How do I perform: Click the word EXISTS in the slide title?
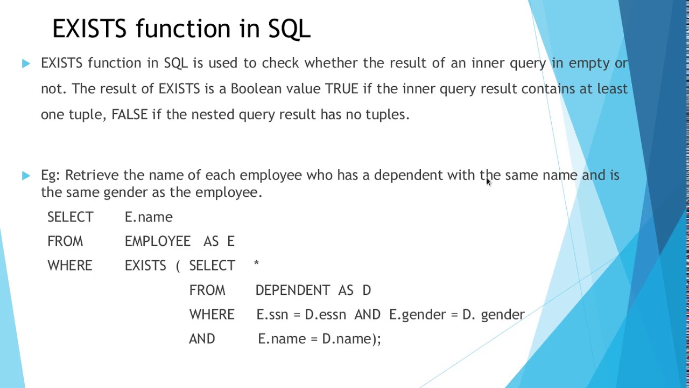click(89, 29)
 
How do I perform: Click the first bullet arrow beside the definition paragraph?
click(26, 64)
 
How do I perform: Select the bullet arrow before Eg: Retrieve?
click(26, 175)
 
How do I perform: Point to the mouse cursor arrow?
click(488, 182)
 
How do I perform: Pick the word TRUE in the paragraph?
click(341, 88)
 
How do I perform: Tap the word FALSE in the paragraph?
click(129, 114)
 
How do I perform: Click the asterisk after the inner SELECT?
click(256, 264)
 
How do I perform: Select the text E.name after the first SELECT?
click(149, 217)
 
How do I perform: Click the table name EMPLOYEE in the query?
click(157, 241)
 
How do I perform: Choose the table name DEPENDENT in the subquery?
click(293, 290)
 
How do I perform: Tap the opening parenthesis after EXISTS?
click(178, 266)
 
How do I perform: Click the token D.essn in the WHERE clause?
click(325, 314)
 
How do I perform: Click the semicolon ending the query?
click(379, 339)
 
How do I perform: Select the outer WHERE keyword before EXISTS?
click(70, 266)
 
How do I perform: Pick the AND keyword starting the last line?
click(202, 339)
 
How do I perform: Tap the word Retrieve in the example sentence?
click(92, 175)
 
